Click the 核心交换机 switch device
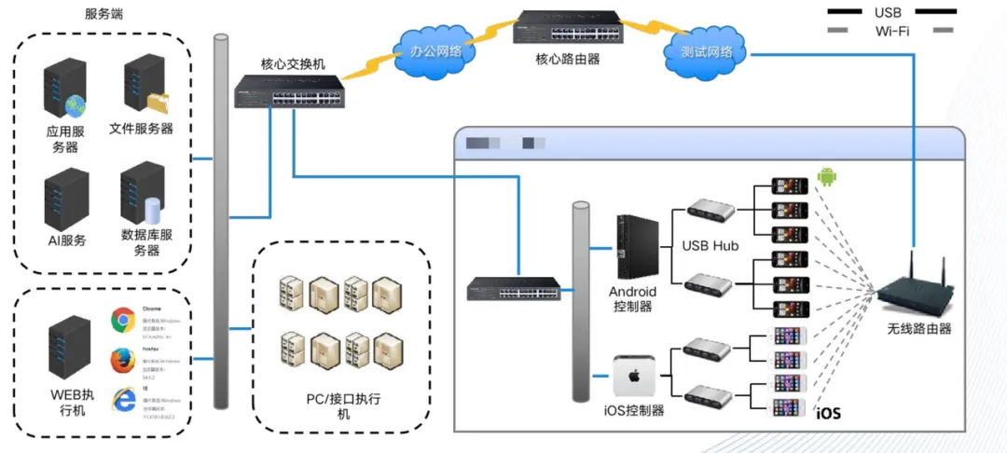coord(289,91)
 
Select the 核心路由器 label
coord(568,59)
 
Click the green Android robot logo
coord(824,177)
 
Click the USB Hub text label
coord(712,247)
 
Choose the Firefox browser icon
coord(121,360)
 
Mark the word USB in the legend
coord(888,12)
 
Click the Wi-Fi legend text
coord(892,31)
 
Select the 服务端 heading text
coord(103,14)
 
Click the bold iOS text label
coord(828,413)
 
